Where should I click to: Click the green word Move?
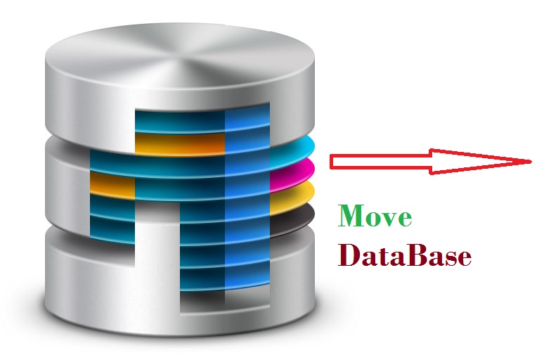point(375,217)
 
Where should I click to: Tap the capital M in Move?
point(352,217)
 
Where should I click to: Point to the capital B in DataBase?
point(413,255)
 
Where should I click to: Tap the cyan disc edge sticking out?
point(295,150)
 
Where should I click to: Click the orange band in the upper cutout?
point(179,143)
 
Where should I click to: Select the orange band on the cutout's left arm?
point(112,186)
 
